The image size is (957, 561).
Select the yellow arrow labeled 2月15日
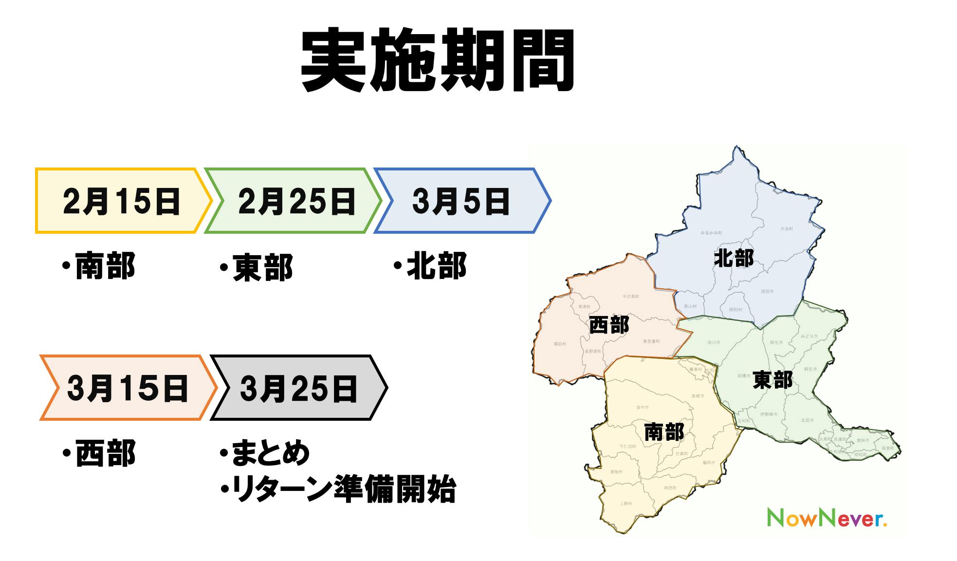(122, 201)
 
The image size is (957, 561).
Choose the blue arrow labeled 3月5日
(460, 201)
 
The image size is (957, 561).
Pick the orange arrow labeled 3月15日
(128, 388)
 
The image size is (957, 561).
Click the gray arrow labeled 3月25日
(298, 388)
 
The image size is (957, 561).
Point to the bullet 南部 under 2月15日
(105, 266)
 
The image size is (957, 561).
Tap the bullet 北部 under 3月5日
(436, 266)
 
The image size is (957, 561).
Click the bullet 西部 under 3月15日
(105, 452)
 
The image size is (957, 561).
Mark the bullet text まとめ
(271, 452)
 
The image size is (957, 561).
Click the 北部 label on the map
(734, 258)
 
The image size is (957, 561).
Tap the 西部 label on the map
(609, 325)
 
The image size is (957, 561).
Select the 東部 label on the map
(773, 380)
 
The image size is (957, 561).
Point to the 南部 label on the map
(664, 432)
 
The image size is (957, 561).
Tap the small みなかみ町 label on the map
(711, 233)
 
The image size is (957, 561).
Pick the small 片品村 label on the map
(787, 228)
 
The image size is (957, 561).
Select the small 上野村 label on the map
(626, 504)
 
